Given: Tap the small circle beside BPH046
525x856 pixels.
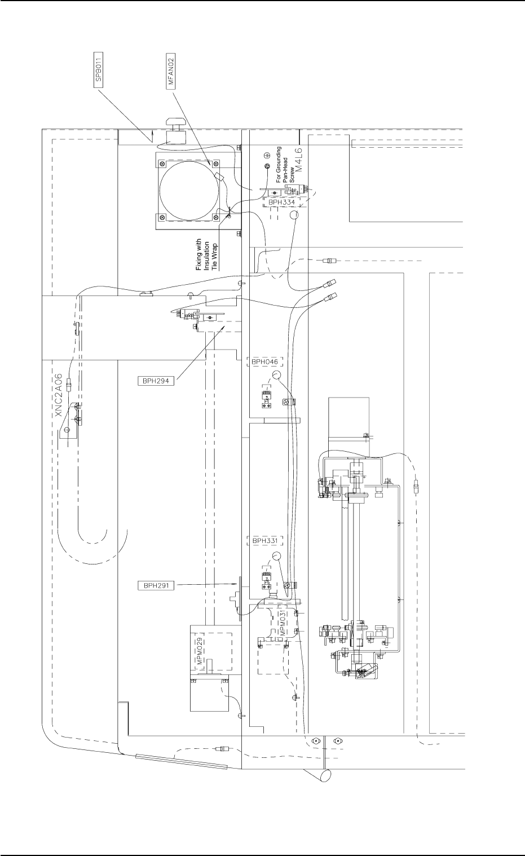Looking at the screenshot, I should (277, 376).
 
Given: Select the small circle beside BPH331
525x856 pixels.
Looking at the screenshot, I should (277, 557).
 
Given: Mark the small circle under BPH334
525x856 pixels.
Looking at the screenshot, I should (294, 215).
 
